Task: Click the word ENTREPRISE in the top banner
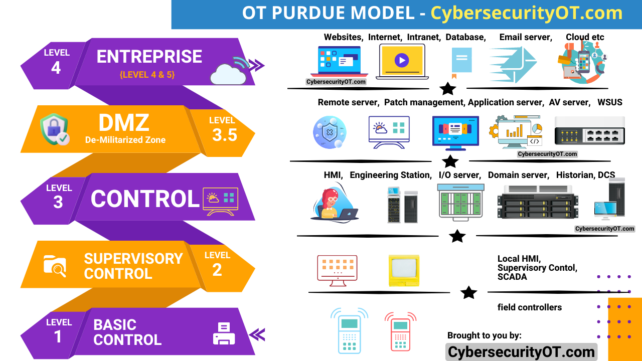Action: pos(149,57)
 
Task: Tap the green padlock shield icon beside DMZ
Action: pos(54,129)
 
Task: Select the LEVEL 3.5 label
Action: pos(224,129)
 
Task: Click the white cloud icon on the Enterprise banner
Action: pos(228,73)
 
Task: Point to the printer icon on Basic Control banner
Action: pos(224,333)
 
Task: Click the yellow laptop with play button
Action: pos(402,61)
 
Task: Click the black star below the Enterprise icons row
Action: pos(447,89)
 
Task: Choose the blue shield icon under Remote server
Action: pos(329,132)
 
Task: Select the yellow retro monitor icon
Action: pos(404,270)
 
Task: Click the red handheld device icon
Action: pos(400,331)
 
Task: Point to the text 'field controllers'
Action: pos(529,307)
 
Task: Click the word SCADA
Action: pos(512,277)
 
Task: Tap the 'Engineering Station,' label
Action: pos(391,175)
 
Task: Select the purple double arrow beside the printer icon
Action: pos(257,334)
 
